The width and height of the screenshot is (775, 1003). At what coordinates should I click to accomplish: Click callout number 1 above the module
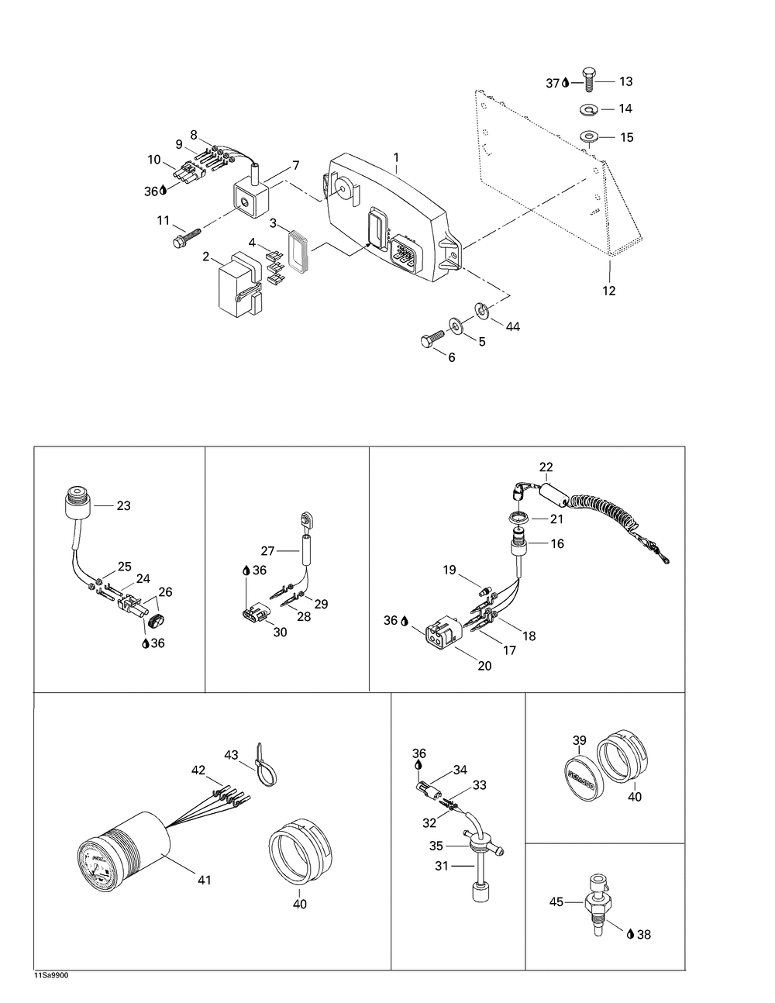point(396,157)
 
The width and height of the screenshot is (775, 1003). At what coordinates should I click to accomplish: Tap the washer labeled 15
point(589,138)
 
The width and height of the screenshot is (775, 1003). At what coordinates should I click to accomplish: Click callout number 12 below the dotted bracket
point(609,291)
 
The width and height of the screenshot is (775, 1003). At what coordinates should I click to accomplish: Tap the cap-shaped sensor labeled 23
point(76,505)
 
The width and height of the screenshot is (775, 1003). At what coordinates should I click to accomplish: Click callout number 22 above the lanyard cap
point(546,467)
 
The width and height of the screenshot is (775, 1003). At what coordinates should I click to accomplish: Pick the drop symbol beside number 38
point(630,934)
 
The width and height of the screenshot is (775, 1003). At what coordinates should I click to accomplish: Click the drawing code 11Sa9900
point(51,975)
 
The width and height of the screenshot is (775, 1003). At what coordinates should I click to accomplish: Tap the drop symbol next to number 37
point(565,82)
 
